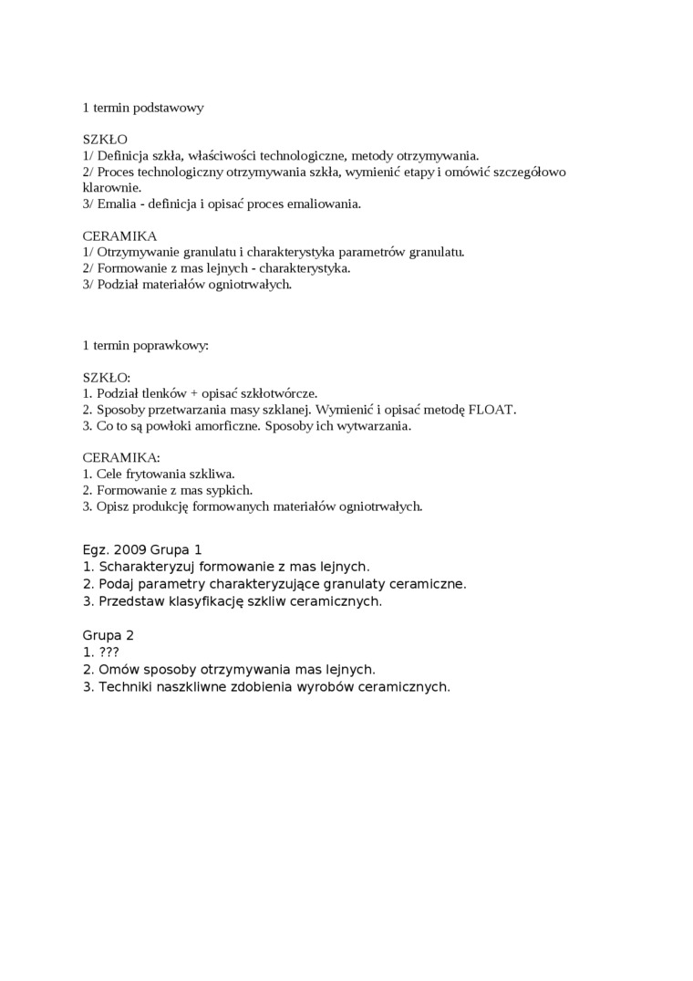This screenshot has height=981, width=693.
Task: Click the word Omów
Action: pos(116,669)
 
